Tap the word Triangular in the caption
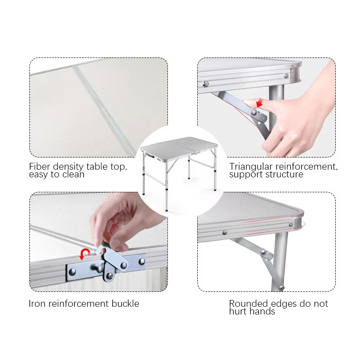pyautogui.click(x=251, y=167)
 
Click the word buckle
pyautogui.click(x=125, y=304)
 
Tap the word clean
pyautogui.click(x=73, y=175)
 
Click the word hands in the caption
pyautogui.click(x=261, y=311)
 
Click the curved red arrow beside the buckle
pyautogui.click(x=85, y=253)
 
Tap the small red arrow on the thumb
pyautogui.click(x=259, y=103)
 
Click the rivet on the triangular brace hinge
pyautogui.click(x=254, y=112)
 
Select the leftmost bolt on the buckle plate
pyautogui.click(x=72, y=272)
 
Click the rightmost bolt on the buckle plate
pyautogui.click(x=142, y=262)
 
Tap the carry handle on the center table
pyautogui.click(x=150, y=156)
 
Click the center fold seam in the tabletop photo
pyautogui.click(x=104, y=110)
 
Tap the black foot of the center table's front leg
pyautogui.click(x=167, y=210)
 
